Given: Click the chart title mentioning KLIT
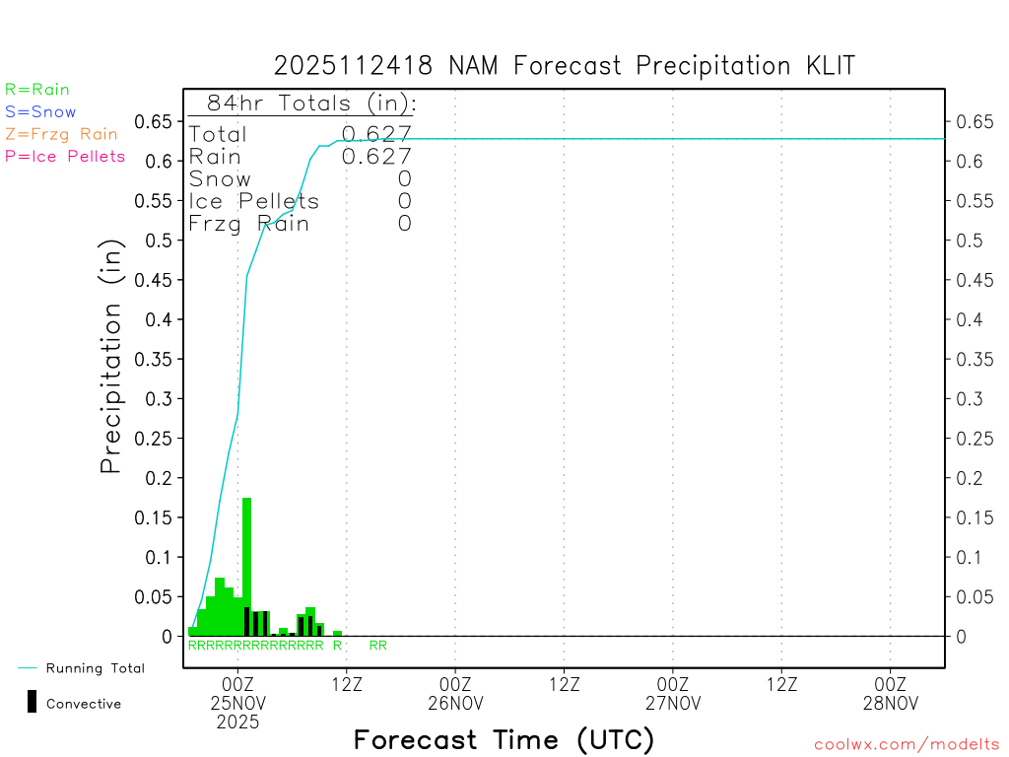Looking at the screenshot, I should click(x=564, y=66).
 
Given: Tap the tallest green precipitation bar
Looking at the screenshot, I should click(x=247, y=567).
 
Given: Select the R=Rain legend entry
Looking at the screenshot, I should click(x=37, y=90).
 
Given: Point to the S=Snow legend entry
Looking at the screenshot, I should click(x=40, y=112).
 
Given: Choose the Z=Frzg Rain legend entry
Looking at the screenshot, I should click(x=61, y=134).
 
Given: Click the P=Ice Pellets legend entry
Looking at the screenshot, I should click(x=65, y=156).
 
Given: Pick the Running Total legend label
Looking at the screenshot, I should click(x=95, y=668).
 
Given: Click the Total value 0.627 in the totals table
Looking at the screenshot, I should click(x=376, y=134).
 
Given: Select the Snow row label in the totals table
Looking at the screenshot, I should click(x=220, y=178).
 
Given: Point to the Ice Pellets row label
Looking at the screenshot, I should click(x=254, y=201).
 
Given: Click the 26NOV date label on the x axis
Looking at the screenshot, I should click(x=456, y=703).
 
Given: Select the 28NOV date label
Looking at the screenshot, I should click(x=890, y=703).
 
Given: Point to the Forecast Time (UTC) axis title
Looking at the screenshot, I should click(x=504, y=739).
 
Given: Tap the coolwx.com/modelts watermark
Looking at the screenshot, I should click(x=907, y=745).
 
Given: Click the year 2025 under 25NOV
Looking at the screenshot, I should click(x=238, y=723).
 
